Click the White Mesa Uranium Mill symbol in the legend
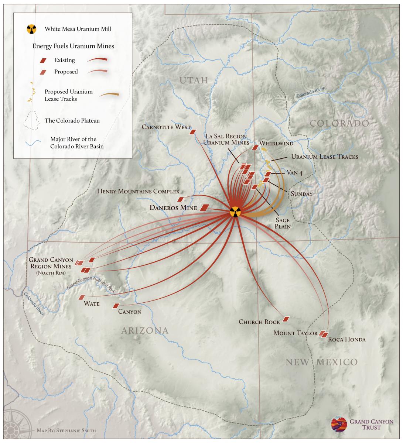click(x=32, y=29)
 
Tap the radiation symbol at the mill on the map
click(x=235, y=212)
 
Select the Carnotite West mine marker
click(x=192, y=132)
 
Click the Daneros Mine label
click(x=173, y=208)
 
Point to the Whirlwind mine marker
click(x=255, y=148)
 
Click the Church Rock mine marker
click(x=286, y=319)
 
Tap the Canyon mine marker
click(x=116, y=306)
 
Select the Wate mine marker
click(x=82, y=297)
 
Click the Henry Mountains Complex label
click(x=138, y=191)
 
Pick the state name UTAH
click(x=194, y=80)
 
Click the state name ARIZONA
click(x=144, y=330)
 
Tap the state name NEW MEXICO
click(x=321, y=362)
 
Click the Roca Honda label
click(x=346, y=339)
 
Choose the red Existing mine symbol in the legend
click(x=43, y=60)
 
